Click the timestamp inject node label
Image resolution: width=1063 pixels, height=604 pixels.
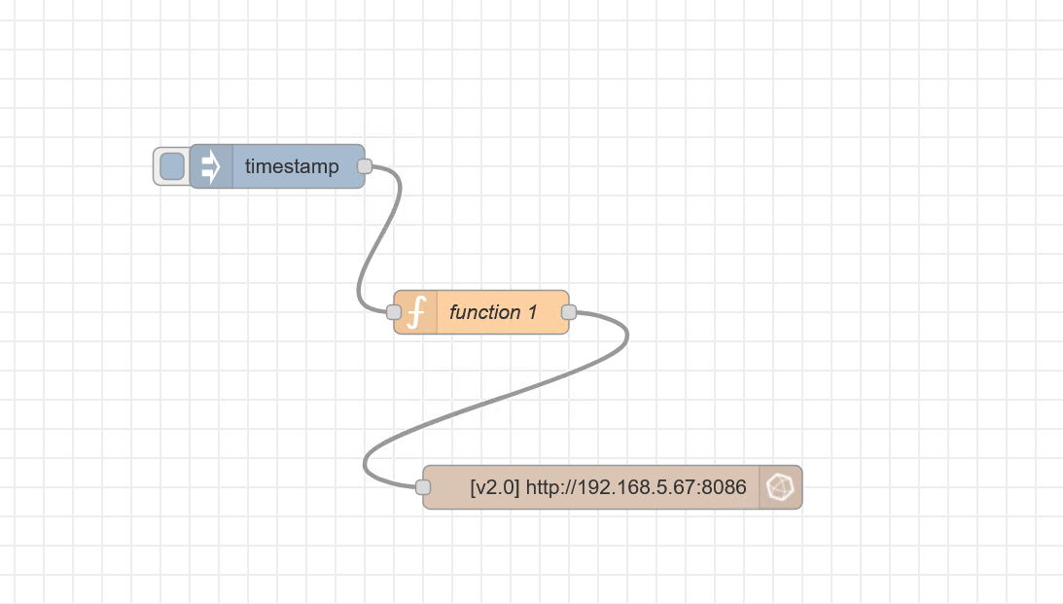(292, 166)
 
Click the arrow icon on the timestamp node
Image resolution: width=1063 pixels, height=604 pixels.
(211, 166)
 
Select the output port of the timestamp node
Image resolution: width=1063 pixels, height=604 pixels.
(365, 166)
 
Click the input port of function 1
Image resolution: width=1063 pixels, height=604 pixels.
(393, 312)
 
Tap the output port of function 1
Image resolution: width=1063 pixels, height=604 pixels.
(569, 312)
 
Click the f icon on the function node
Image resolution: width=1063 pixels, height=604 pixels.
(416, 312)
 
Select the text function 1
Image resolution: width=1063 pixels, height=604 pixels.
(493, 312)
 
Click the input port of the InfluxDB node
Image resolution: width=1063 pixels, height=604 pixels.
(422, 486)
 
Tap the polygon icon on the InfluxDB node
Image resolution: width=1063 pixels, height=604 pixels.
(780, 486)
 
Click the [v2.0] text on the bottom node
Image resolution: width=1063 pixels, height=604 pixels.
(494, 487)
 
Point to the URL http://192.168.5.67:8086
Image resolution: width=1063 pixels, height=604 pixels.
(636, 487)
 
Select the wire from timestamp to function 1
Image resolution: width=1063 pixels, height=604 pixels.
(378, 238)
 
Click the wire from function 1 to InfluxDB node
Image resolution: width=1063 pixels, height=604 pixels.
(495, 400)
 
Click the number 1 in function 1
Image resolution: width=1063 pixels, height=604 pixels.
(533, 312)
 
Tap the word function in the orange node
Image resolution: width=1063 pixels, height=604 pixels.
(484, 312)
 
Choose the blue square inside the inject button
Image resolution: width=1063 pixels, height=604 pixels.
(172, 166)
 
